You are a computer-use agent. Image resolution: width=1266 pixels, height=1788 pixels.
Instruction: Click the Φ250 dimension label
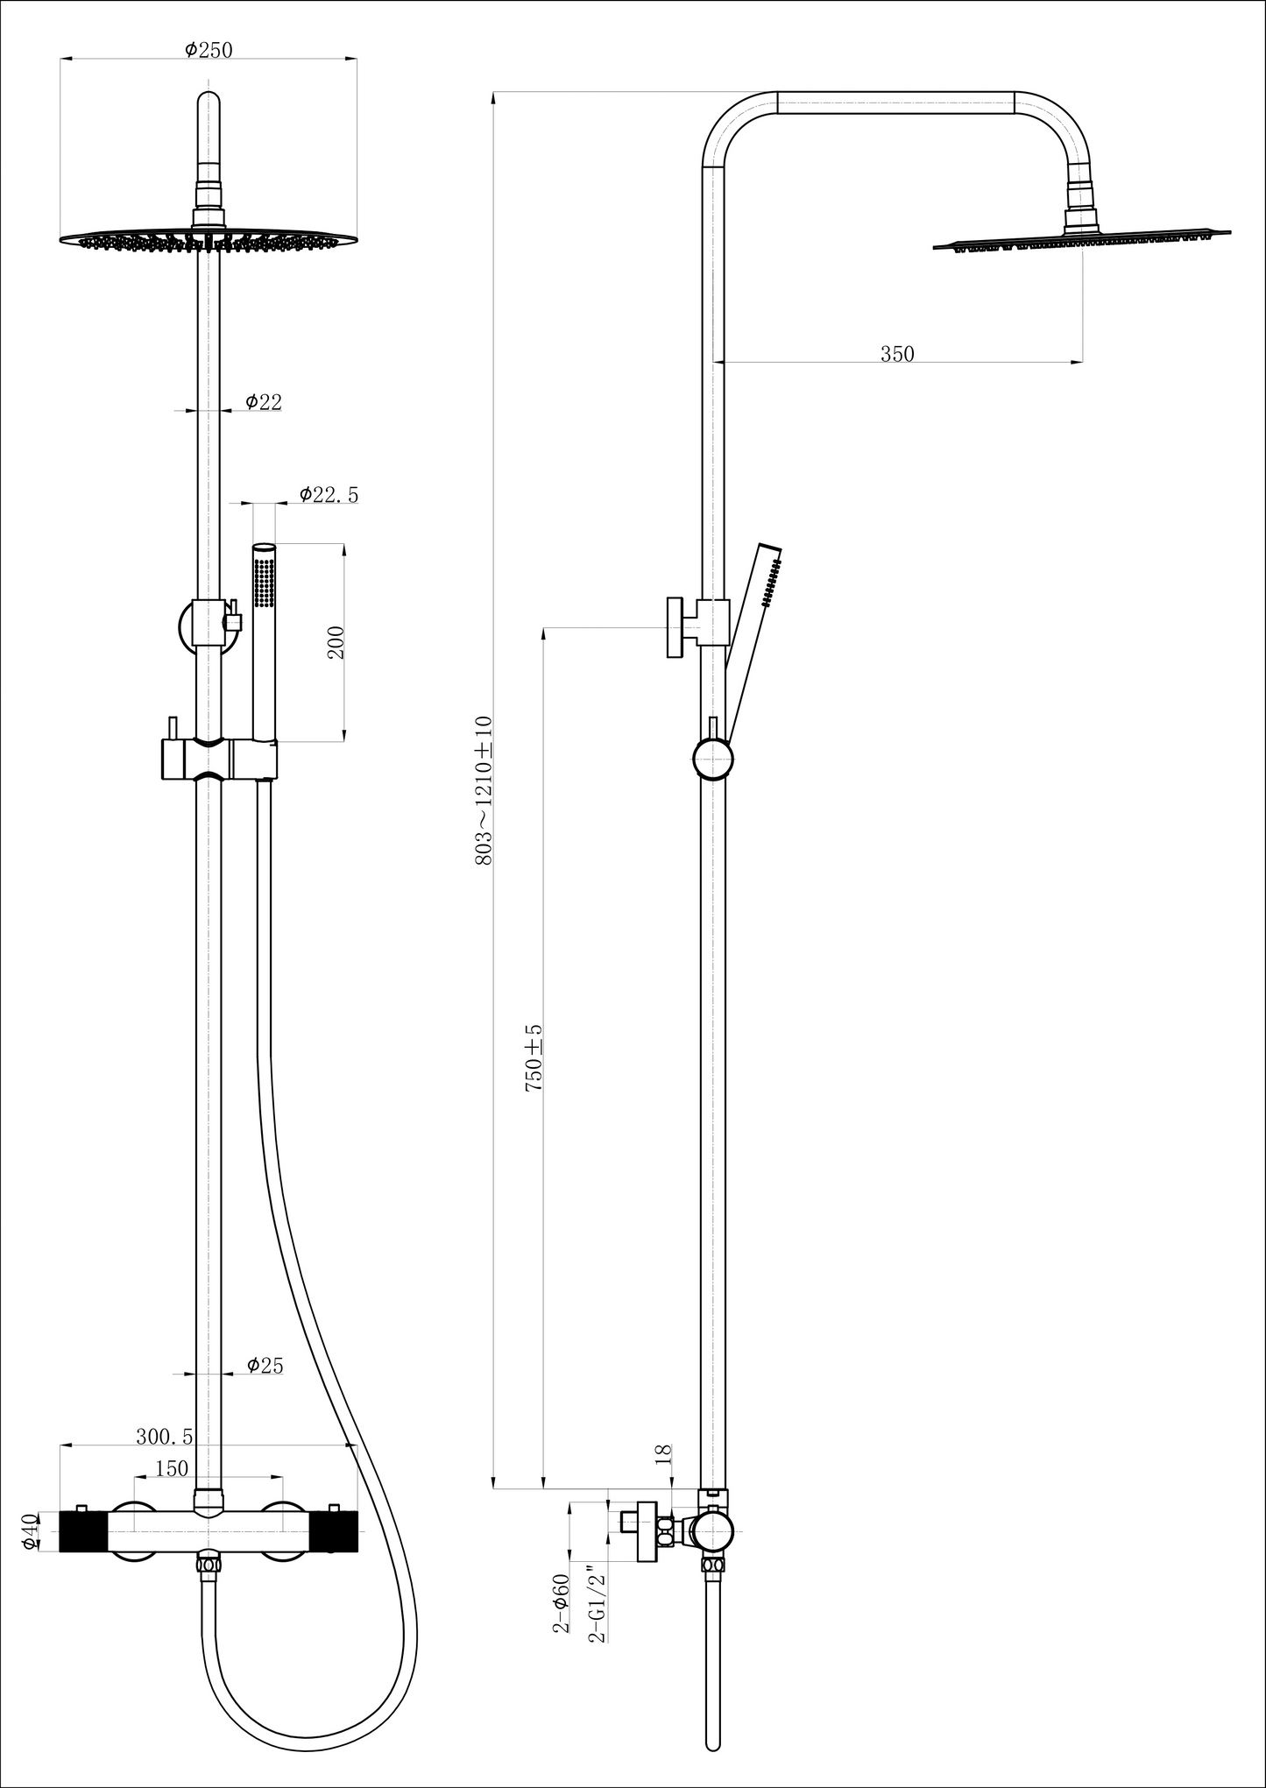[x=209, y=50]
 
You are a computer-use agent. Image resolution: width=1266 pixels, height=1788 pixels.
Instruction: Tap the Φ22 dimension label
[x=264, y=401]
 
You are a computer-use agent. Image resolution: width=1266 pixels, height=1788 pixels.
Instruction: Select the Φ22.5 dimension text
[x=329, y=494]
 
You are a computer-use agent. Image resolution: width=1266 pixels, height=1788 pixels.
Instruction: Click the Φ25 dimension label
[x=265, y=1365]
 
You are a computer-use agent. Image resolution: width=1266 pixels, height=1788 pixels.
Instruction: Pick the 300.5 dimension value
[x=165, y=1437]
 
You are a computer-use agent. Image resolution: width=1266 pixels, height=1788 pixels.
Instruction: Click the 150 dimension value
[x=171, y=1468]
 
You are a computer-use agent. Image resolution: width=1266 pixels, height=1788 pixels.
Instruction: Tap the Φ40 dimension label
[x=30, y=1531]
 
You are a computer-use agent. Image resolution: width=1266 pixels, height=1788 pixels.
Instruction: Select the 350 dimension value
[x=897, y=354]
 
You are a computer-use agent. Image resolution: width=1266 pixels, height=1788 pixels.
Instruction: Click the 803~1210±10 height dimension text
[x=484, y=791]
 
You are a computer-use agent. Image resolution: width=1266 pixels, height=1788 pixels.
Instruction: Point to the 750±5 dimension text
[x=533, y=1057]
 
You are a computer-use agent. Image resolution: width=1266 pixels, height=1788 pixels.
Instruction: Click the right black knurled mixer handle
[x=334, y=1531]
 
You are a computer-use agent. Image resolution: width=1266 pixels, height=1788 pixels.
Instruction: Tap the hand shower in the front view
[x=264, y=642]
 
